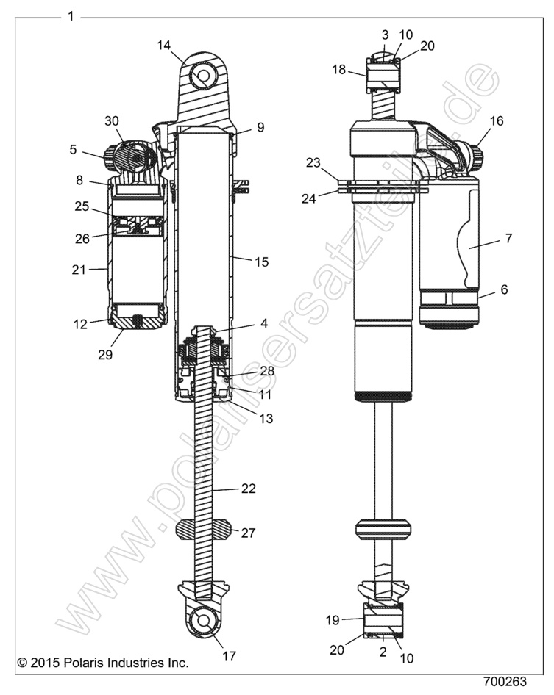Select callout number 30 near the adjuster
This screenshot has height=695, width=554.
(x=111, y=120)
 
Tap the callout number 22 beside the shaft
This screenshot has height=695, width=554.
(x=248, y=489)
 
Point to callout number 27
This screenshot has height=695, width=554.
(x=248, y=533)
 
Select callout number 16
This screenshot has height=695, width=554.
(x=497, y=121)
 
